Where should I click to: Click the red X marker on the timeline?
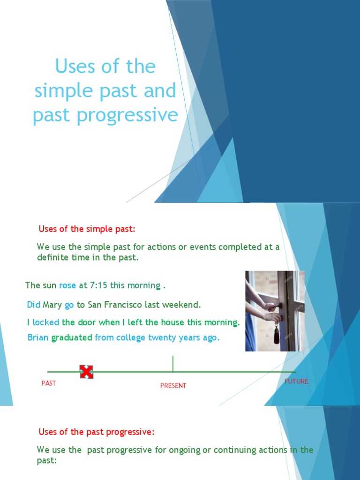(86, 372)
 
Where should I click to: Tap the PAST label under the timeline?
(49, 383)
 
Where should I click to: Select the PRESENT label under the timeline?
(173, 386)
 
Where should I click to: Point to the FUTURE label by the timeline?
(296, 382)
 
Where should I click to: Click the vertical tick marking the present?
(173, 364)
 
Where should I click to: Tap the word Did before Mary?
(34, 305)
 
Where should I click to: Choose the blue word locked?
(46, 322)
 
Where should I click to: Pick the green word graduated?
(72, 337)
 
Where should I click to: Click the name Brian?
(38, 337)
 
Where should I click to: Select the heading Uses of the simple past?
(87, 229)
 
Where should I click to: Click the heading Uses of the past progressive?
(96, 432)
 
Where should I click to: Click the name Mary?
(52, 305)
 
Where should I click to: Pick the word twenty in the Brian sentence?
(162, 337)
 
